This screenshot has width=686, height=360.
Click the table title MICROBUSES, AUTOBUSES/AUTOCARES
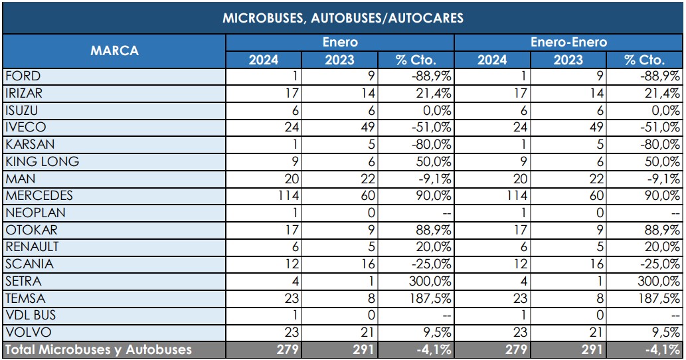click(343, 18)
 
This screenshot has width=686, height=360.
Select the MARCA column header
click(114, 50)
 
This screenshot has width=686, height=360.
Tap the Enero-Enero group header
click(568, 43)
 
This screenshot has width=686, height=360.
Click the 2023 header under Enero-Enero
click(568, 60)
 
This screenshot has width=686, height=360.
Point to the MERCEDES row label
click(39, 196)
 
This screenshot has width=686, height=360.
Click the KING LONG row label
click(42, 161)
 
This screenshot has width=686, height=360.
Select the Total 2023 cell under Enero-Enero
click(568, 350)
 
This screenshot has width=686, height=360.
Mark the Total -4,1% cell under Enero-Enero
click(645, 350)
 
